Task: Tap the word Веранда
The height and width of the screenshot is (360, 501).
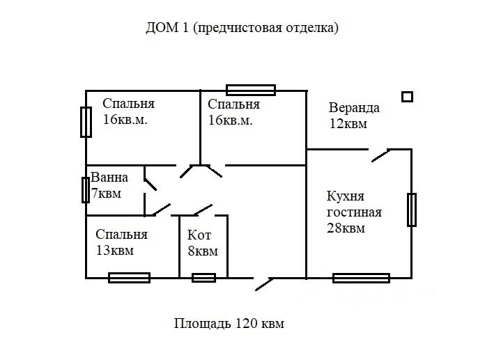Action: [354, 108]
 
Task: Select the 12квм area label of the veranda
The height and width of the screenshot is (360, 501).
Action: [348, 124]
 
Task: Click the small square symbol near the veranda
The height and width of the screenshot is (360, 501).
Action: [408, 97]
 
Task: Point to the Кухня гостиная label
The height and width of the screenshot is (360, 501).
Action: [354, 205]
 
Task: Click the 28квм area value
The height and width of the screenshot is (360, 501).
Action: [346, 228]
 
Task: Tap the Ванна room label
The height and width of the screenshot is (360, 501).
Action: [109, 178]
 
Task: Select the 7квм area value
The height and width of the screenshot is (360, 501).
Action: [107, 193]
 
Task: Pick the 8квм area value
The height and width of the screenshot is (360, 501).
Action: [202, 251]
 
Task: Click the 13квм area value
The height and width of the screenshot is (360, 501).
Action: [114, 251]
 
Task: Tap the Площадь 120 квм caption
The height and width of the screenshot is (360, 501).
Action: [229, 324]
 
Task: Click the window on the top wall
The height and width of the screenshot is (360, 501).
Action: [251, 90]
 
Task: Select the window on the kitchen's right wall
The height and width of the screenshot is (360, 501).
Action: [412, 210]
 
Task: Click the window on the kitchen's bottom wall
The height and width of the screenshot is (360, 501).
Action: [361, 278]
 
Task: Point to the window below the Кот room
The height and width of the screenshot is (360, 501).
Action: [203, 278]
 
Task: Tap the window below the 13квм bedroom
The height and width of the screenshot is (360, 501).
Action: [129, 277]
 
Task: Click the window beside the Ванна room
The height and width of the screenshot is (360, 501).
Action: [85, 189]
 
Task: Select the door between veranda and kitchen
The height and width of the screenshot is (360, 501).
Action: [380, 155]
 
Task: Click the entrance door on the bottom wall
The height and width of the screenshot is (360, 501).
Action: [263, 283]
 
